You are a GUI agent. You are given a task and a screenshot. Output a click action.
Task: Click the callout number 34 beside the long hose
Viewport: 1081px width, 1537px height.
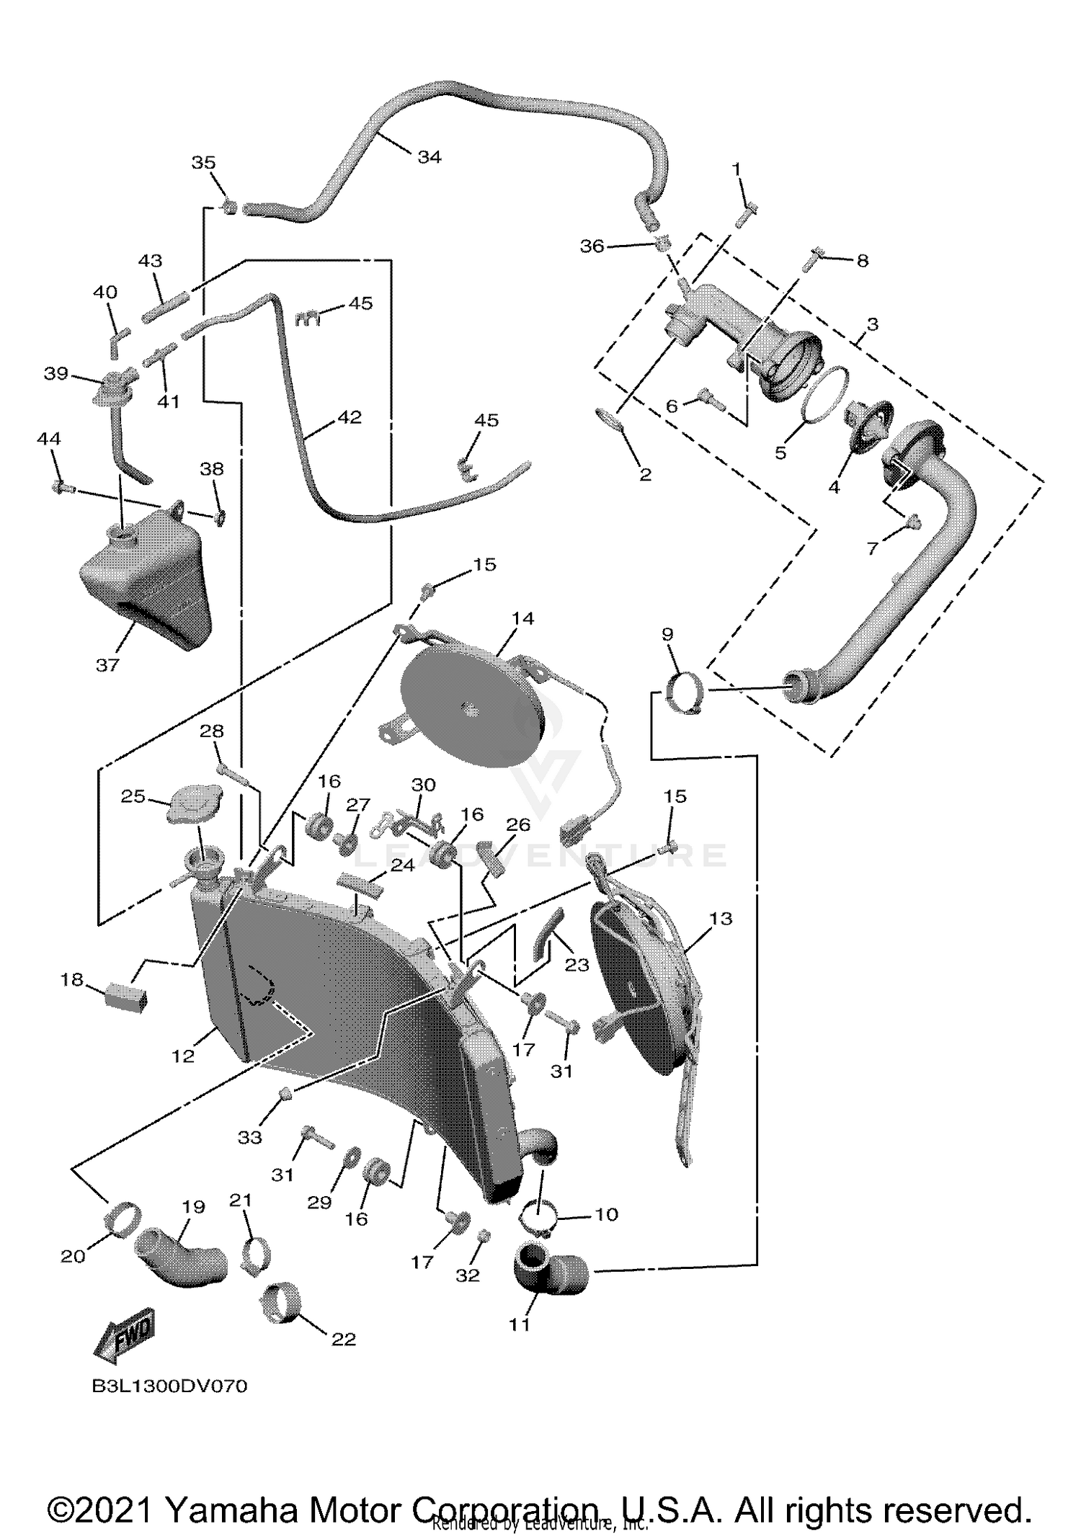tap(429, 156)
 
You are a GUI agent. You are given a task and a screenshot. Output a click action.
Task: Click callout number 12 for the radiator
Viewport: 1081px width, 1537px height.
tap(183, 1056)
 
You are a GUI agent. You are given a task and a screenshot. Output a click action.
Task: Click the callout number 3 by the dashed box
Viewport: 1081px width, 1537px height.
tap(872, 324)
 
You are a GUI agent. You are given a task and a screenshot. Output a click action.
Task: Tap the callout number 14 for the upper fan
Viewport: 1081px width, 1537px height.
tap(522, 618)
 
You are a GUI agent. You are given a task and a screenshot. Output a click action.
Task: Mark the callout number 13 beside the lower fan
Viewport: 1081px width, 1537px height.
tap(721, 918)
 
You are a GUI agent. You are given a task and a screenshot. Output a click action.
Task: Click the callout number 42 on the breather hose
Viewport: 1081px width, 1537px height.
tap(350, 417)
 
